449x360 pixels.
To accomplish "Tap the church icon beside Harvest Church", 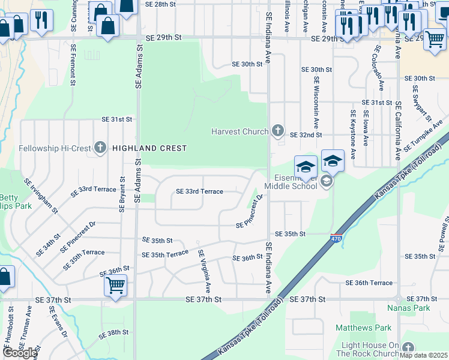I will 277,130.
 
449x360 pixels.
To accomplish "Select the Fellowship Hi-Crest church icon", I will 100,148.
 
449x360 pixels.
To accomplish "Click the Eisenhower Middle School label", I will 291,182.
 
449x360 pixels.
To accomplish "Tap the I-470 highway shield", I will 336,239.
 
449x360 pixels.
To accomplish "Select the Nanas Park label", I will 417,308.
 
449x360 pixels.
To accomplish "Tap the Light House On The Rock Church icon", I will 409,348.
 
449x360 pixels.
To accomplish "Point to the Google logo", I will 19,353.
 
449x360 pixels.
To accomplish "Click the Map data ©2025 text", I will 423,355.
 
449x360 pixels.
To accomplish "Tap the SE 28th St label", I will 161,4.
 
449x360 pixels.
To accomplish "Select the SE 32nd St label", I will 306,135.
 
